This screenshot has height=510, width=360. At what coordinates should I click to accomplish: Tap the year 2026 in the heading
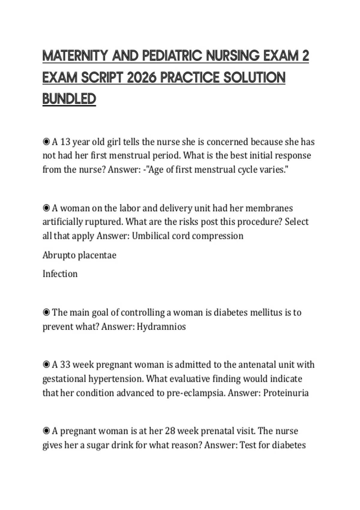tap(142, 78)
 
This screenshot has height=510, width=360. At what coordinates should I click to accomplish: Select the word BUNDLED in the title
tap(69, 99)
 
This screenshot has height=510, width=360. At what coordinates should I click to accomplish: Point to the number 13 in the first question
tap(65, 142)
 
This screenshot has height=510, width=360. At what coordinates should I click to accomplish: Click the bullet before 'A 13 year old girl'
tap(46, 142)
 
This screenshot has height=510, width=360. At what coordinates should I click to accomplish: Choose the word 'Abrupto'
tap(59, 255)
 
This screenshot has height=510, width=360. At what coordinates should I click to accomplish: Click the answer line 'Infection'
tap(60, 274)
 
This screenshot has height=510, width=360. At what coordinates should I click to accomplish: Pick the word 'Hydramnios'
tap(161, 326)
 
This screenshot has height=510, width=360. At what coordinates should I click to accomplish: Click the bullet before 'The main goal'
tap(46, 312)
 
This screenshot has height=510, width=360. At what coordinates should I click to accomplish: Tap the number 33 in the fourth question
tap(65, 365)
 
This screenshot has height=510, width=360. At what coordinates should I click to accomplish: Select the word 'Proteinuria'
tap(286, 393)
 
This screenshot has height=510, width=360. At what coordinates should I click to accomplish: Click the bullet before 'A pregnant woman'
tap(46, 431)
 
